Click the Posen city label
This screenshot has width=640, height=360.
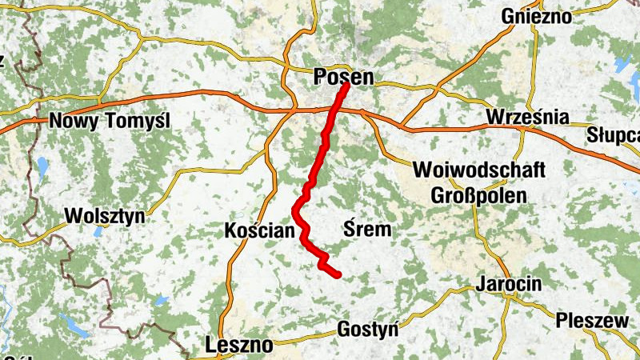click(x=345, y=77)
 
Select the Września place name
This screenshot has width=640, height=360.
click(x=527, y=118)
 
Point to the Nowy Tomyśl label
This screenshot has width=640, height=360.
click(x=110, y=122)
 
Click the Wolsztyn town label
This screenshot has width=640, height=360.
click(x=103, y=216)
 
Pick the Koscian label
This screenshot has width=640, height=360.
click(x=260, y=230)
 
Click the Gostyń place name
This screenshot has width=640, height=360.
click(x=367, y=328)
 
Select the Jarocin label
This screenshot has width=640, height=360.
click(x=508, y=284)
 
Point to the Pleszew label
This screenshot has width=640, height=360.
click(x=592, y=320)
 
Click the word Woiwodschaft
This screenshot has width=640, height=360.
click(x=479, y=170)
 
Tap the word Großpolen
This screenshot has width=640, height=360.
click(x=478, y=195)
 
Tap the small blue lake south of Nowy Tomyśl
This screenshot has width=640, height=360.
click(x=42, y=167)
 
